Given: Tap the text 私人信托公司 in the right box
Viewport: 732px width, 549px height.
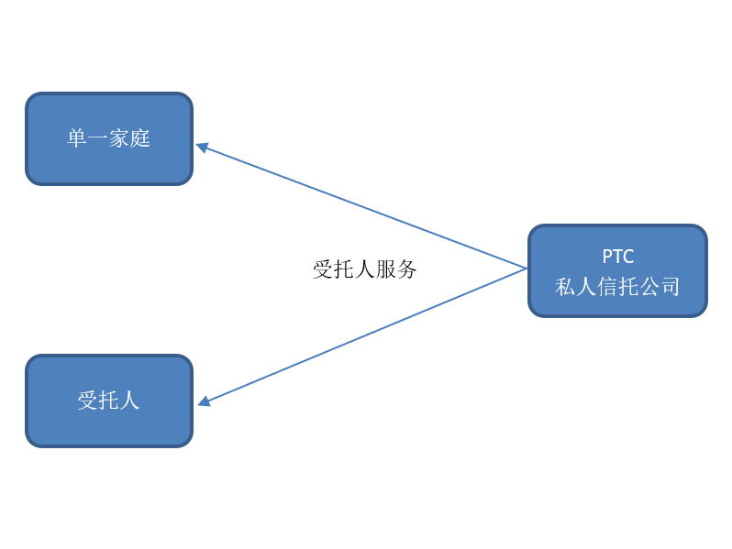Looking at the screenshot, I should pos(617,287).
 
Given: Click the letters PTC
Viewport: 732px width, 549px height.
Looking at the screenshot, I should pos(617,257).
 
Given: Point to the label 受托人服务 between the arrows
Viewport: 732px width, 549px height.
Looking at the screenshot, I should pos(365,269).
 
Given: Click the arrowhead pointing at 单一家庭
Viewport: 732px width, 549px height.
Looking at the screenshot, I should pos(202,147).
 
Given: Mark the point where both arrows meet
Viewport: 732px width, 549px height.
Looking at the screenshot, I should pos(526,269).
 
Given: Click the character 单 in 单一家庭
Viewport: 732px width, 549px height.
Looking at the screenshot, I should pos(77,138).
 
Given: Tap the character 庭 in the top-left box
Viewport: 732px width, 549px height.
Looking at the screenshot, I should pos(140,138).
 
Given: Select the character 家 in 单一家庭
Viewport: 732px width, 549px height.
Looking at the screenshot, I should pos(119,138).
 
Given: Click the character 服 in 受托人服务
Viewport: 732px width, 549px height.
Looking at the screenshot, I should pos(385,269).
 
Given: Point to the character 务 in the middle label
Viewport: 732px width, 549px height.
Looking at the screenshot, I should pos(407,269).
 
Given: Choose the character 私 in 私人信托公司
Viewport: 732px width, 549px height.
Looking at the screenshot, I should pos(565,287).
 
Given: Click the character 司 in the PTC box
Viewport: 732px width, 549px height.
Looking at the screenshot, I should pos(671,287).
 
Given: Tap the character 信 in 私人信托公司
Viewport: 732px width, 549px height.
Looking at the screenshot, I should pos(607,287).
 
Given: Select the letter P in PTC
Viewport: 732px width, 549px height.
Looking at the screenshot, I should pos(607,257).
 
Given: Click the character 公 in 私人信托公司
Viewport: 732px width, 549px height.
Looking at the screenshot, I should pos(649,287).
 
